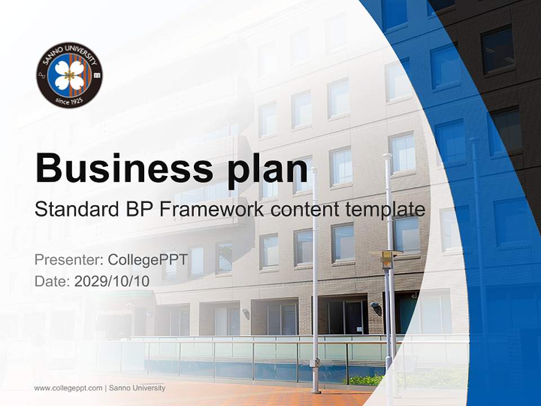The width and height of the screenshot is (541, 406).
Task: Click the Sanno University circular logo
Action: [x=69, y=75]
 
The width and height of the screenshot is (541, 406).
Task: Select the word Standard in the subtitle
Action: [x=75, y=210]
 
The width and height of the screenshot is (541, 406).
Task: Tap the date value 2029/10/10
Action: [x=112, y=281]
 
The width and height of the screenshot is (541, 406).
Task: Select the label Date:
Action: [x=52, y=281]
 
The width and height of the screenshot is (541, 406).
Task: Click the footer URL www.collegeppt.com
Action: [x=68, y=388]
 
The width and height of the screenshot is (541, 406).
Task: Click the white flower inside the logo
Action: [x=69, y=75]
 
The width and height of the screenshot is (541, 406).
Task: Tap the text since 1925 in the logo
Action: [x=69, y=100]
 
